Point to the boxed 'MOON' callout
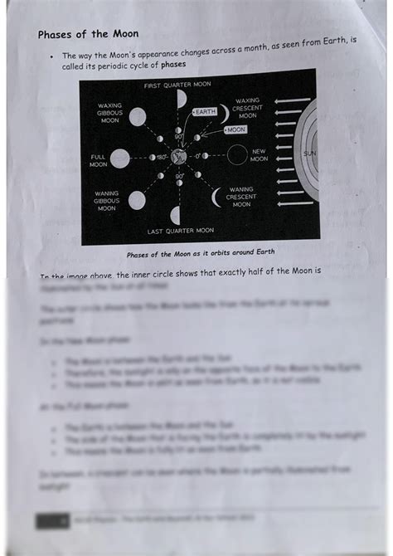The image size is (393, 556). pyautogui.click(x=235, y=130)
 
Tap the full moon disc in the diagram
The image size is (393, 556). pyautogui.click(x=120, y=159)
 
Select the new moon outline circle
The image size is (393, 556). pyautogui.click(x=237, y=155)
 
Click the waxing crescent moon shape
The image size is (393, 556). pyautogui.click(x=223, y=114)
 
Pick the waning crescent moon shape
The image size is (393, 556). pyautogui.click(x=217, y=197)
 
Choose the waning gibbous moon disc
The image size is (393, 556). pyautogui.click(x=137, y=200)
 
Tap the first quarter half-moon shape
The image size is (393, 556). pyautogui.click(x=182, y=100)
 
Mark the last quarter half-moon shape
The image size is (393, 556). pyautogui.click(x=175, y=215)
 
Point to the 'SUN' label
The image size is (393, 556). pyautogui.click(x=308, y=154)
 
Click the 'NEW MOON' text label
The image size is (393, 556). pyautogui.click(x=259, y=154)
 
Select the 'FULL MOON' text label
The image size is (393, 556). pyautogui.click(x=98, y=160)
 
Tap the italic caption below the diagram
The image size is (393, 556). pyautogui.click(x=200, y=252)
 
